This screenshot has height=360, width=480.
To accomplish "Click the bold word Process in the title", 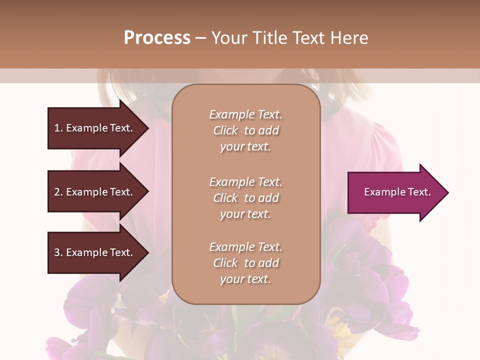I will pyautogui.click(x=157, y=38).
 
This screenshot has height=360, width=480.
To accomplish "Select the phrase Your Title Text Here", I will pyautogui.click(x=289, y=38).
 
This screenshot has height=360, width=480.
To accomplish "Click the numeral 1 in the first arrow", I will pyautogui.click(x=57, y=128).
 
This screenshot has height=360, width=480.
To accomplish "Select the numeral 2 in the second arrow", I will pyautogui.click(x=57, y=192).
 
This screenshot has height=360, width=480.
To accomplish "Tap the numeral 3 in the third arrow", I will pyautogui.click(x=57, y=252).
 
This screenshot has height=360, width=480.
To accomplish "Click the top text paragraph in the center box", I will pyautogui.click(x=245, y=130).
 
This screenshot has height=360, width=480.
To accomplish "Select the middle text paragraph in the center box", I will pyautogui.click(x=245, y=198).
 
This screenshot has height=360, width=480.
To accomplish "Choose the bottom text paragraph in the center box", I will pyautogui.click(x=245, y=263).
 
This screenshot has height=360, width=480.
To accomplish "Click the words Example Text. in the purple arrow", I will pyautogui.click(x=397, y=192).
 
